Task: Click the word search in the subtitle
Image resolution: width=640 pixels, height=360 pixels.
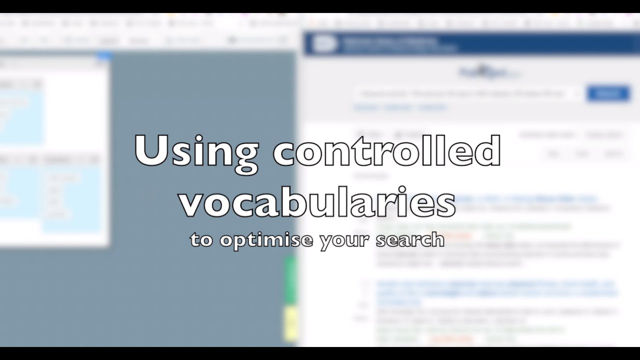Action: [x=410, y=239]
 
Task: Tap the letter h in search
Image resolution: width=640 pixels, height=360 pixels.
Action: [x=438, y=239]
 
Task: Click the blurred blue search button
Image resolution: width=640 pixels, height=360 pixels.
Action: [x=607, y=93]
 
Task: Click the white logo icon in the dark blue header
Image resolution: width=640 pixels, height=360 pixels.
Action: [x=324, y=44]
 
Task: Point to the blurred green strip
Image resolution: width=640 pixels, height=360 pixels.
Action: [x=290, y=280]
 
